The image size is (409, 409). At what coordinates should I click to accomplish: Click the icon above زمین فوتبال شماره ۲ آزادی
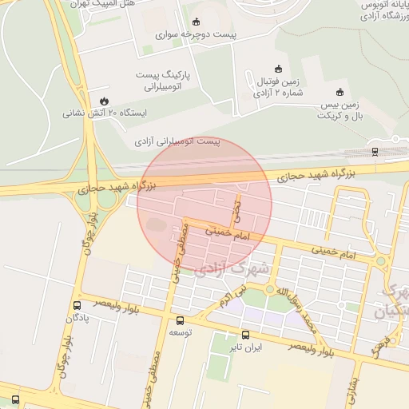[278, 69]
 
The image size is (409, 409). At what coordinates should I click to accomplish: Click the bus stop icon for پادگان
[77, 305]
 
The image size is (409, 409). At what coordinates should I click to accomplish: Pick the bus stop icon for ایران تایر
[245, 336]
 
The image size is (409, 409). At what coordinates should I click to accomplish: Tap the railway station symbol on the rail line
[375, 151]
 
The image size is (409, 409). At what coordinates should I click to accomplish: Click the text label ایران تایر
[246, 348]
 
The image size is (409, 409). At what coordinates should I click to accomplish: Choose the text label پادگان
[76, 318]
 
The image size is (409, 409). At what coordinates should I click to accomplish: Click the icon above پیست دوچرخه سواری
[197, 22]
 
